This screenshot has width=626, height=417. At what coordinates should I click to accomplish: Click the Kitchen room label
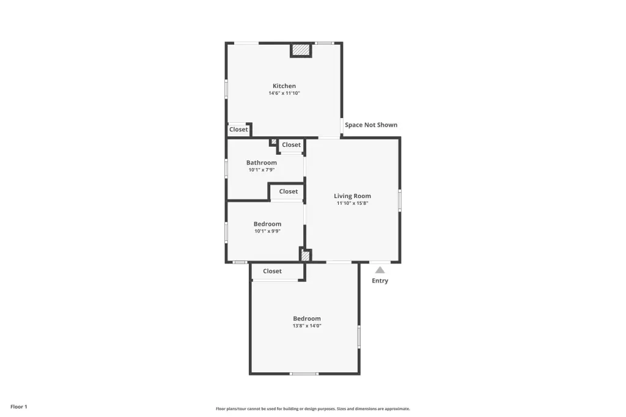coord(284,86)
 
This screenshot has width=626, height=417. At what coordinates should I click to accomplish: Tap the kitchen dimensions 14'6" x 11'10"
coord(284,93)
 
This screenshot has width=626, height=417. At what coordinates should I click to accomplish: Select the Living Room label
coord(353,196)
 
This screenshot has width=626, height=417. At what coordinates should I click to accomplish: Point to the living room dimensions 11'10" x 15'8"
coord(353,204)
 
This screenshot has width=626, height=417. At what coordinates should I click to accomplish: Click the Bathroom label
coord(262,163)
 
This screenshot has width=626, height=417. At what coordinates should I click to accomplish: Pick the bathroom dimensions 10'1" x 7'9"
coord(262,170)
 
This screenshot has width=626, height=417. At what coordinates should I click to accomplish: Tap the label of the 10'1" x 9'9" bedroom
coord(268,224)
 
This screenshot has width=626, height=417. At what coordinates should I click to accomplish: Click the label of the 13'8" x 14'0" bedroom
coord(307,319)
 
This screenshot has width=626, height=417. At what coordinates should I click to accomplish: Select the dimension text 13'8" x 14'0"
coord(307,326)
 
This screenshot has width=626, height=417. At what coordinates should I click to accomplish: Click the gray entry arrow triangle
coord(380,270)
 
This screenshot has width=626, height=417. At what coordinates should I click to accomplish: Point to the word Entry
coord(380,281)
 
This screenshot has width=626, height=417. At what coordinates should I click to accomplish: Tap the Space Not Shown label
coord(371,125)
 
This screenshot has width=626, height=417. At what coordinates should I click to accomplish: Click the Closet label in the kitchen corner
coord(239,130)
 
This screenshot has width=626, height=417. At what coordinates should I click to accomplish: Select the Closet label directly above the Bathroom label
coord(292,145)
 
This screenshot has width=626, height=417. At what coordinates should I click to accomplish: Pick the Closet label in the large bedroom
coord(272,271)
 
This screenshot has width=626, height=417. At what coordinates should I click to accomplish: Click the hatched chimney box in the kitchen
coord(301,50)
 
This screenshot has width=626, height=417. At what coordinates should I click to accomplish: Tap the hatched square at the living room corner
coord(306,255)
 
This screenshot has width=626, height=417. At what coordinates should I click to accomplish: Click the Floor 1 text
coord(19,407)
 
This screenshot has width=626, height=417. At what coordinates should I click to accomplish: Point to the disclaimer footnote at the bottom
coord(313,408)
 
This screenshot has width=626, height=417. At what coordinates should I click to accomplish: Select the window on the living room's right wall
coord(400,201)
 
